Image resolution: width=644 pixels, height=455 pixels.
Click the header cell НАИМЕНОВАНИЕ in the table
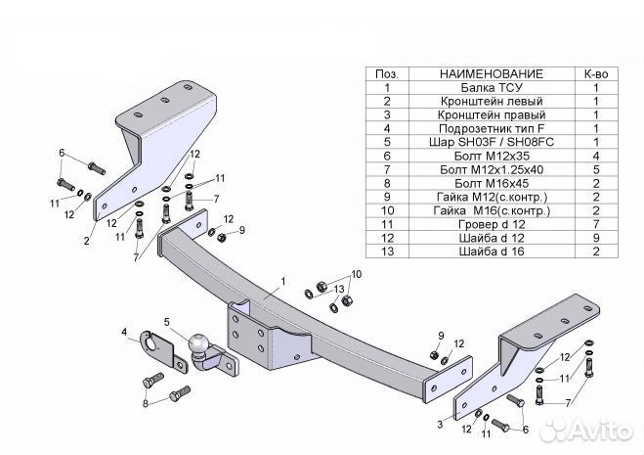[492, 74]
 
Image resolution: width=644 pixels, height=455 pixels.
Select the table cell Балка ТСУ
[492, 88]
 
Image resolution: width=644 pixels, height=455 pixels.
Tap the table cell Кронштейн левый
[492, 101]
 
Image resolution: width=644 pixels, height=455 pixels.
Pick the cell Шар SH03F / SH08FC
[492, 142]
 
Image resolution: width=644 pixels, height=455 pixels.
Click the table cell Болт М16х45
[492, 184]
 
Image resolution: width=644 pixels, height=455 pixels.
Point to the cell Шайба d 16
[492, 251]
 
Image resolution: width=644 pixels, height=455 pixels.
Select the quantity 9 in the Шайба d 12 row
[596, 238]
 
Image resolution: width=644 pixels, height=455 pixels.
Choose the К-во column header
[596, 74]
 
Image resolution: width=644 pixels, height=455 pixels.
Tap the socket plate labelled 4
[158, 350]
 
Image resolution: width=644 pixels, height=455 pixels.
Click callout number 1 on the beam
[283, 282]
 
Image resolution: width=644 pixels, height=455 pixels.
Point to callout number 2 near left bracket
[86, 241]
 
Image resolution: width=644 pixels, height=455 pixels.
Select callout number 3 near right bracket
[440, 424]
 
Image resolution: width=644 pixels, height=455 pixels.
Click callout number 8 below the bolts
[145, 403]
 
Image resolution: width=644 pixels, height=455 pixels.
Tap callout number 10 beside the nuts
[356, 274]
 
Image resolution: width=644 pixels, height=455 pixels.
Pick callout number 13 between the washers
[339, 290]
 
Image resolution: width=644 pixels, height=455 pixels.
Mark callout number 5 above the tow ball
[167, 322]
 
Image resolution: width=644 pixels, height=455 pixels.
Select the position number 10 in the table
[387, 210]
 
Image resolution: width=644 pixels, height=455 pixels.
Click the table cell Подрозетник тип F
[492, 129]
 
